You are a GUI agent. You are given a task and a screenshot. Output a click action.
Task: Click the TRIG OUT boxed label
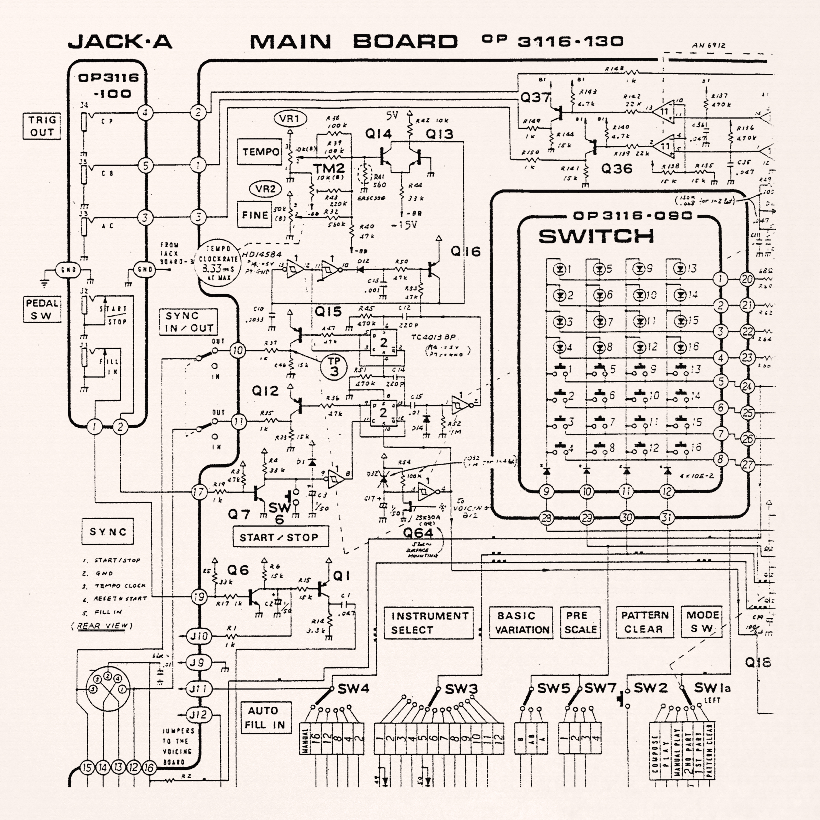point(41,126)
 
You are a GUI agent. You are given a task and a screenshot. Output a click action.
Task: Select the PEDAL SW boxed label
point(41,309)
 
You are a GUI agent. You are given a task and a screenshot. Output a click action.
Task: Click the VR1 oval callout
point(290,118)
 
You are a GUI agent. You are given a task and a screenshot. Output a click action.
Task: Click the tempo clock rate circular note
point(218,263)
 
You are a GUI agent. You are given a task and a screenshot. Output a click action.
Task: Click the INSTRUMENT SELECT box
point(428,623)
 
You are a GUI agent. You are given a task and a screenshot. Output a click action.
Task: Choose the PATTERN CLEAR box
point(644,622)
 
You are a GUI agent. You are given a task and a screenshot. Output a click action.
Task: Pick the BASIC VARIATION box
point(522,623)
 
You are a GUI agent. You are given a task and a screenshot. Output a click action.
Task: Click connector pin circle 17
point(199,492)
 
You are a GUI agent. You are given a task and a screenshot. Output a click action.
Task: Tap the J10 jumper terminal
point(198,636)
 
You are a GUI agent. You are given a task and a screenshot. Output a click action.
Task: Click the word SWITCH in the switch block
point(596,236)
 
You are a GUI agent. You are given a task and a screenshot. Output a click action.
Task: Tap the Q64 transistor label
point(418,533)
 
